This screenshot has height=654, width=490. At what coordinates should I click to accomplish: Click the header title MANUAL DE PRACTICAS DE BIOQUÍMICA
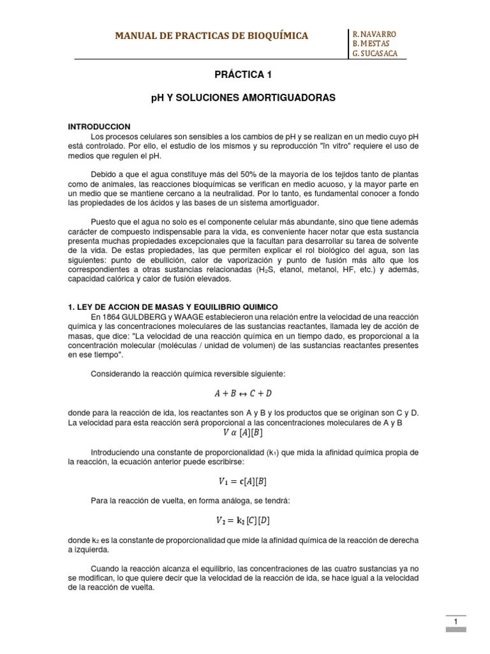click(211, 36)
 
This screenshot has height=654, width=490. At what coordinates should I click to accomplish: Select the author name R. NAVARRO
click(375, 33)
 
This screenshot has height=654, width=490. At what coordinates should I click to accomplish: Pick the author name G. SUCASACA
click(375, 54)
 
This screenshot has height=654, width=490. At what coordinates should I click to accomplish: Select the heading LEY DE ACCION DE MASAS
click(172, 307)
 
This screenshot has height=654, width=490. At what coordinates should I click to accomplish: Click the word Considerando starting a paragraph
click(117, 372)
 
